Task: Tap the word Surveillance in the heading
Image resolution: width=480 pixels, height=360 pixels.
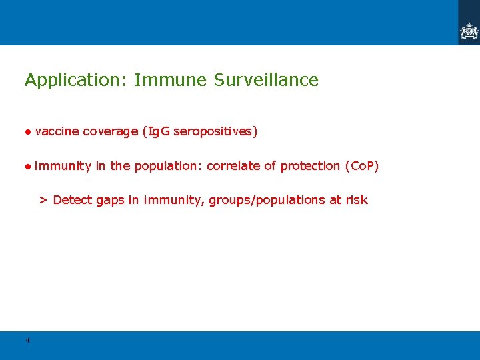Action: (266, 80)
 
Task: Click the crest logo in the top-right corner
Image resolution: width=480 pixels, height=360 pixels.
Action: (469, 31)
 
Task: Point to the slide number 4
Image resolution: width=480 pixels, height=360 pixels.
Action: (27, 341)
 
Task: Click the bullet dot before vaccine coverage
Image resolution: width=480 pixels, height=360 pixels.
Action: (29, 132)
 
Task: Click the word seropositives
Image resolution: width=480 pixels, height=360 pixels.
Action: (215, 131)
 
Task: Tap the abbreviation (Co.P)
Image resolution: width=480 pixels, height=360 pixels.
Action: (361, 166)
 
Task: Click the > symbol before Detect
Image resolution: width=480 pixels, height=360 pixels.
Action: (43, 200)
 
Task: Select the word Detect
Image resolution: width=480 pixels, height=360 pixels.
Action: (73, 200)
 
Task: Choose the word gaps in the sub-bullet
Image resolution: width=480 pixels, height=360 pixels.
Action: (111, 200)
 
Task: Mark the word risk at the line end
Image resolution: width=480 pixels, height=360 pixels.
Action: (356, 200)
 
